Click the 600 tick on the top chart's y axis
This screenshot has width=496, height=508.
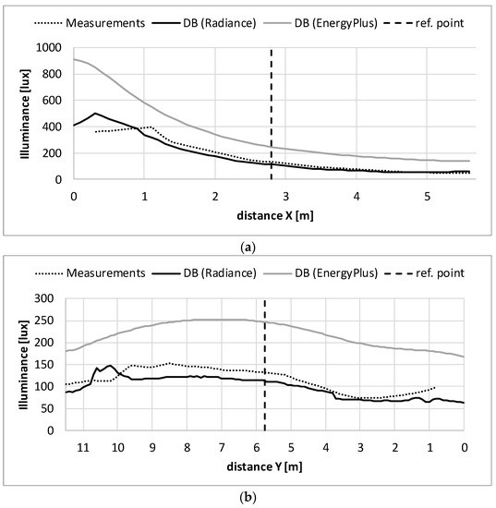coord(53,100)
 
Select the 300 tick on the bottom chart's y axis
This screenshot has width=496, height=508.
coord(53,298)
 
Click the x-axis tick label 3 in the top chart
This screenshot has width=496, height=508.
coord(285,197)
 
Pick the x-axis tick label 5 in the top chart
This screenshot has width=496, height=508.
coord(427,197)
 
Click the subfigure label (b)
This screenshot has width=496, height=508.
coord(248,496)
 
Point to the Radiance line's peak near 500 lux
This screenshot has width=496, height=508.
coord(95,114)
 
